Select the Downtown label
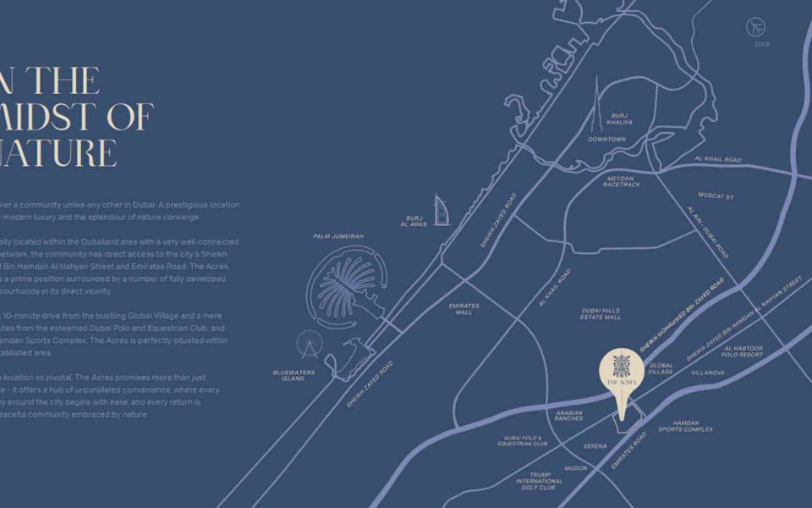[606, 139]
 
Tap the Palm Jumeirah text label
[337, 236]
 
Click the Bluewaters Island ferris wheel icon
[309, 344]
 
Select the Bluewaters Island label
[294, 375]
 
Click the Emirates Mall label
[464, 309]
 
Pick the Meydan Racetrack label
[623, 181]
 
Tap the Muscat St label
[716, 196]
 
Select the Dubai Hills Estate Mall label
[601, 313]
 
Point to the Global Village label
[661, 368]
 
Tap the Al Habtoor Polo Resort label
[743, 351]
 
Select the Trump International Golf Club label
[539, 481]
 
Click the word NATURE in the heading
[59, 153]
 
